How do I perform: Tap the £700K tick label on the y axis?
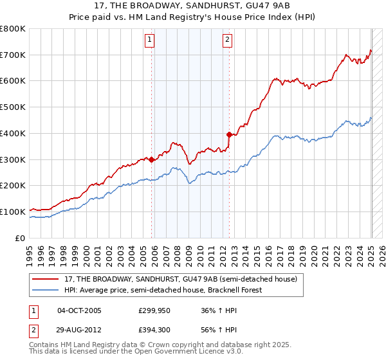click(13, 55)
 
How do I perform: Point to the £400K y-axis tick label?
click(13, 134)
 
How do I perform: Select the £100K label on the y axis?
click(13, 212)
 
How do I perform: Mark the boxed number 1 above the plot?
click(149, 40)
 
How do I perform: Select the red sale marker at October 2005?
click(152, 160)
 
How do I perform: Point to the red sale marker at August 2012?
click(230, 135)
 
